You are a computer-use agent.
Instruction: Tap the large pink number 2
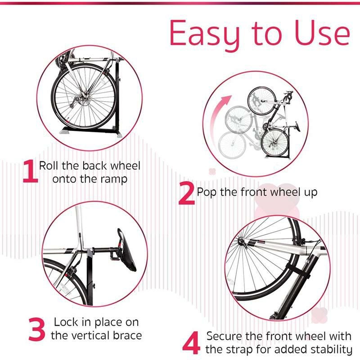(186, 194)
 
